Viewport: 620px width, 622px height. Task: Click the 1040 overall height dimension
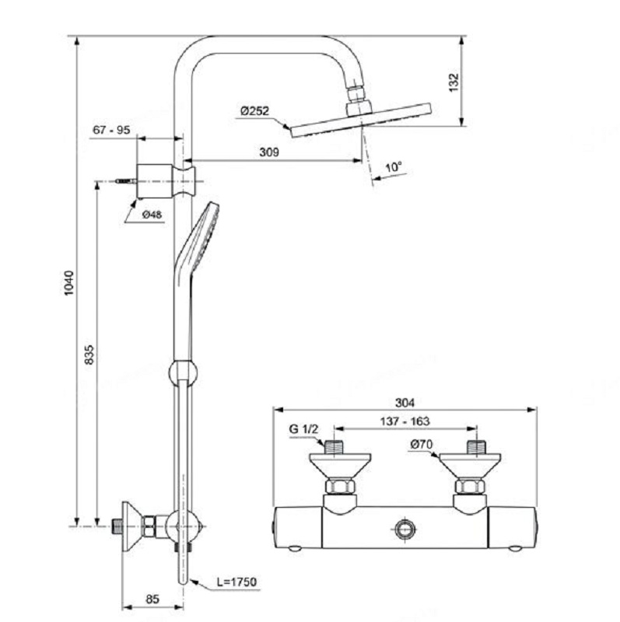[68, 282]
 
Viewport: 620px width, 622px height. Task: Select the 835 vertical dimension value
[89, 355]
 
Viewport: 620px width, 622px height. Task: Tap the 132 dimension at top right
[454, 82]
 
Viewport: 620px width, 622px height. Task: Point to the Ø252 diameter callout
[255, 110]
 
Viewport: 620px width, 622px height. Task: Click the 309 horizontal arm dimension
[269, 152]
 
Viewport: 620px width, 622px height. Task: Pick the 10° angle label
[394, 166]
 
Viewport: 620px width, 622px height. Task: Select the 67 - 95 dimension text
[111, 130]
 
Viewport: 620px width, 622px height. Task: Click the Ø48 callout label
[152, 215]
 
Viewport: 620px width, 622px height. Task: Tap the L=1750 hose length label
[236, 582]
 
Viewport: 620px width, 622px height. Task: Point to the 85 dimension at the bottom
[152, 599]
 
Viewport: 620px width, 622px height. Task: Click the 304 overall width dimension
[405, 403]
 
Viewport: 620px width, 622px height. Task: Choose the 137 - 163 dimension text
[405, 421]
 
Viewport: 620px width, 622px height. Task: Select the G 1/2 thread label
[303, 429]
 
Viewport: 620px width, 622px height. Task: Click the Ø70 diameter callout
[422, 444]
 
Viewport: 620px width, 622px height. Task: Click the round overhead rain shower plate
[361, 121]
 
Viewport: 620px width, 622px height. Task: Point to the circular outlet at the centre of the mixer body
[405, 529]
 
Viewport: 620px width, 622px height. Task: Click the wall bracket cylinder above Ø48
[154, 181]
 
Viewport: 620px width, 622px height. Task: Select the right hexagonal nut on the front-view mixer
[470, 487]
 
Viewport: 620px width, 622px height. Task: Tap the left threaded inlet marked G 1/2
[334, 447]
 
